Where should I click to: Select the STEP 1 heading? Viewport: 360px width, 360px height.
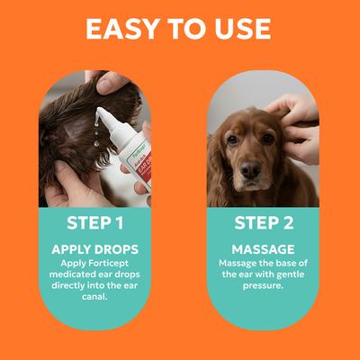pyautogui.click(x=94, y=223)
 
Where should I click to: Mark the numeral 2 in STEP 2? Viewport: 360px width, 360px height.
pyautogui.click(x=292, y=223)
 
